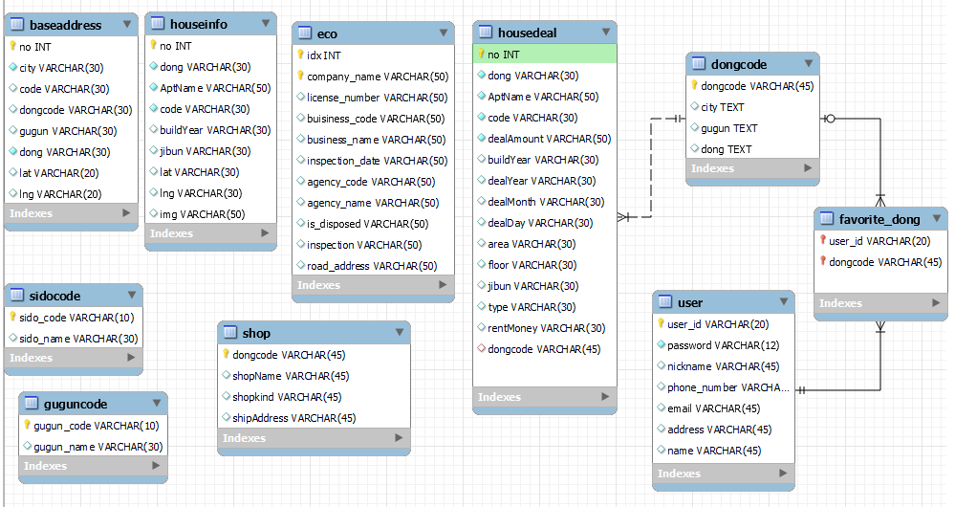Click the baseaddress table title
click(65, 25)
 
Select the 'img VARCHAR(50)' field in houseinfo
click(202, 213)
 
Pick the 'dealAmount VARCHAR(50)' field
click(549, 139)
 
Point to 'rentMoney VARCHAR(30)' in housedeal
click(546, 328)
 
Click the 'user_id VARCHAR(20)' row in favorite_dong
click(879, 241)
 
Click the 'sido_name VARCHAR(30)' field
click(78, 338)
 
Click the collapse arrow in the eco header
click(444, 33)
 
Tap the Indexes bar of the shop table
click(314, 438)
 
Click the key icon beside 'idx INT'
click(300, 55)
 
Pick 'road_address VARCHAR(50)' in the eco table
click(372, 266)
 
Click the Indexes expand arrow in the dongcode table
click(808, 168)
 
